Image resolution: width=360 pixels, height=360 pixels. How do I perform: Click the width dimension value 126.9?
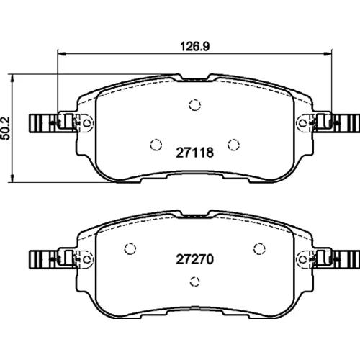[194, 46]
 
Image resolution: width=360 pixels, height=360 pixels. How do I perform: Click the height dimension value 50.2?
[6, 128]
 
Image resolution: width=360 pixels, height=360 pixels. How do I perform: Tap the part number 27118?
[194, 153]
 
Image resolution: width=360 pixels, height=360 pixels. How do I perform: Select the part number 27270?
[194, 259]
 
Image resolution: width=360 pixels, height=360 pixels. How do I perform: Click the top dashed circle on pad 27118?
[194, 105]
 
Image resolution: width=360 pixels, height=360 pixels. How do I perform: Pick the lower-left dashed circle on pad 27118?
[156, 145]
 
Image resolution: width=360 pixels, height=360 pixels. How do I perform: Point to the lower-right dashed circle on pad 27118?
[233, 145]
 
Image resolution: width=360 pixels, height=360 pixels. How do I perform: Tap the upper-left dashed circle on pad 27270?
[130, 248]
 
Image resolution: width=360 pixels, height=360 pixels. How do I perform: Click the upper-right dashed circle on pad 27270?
[259, 248]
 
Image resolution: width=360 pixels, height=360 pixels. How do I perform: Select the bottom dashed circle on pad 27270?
[194, 282]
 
